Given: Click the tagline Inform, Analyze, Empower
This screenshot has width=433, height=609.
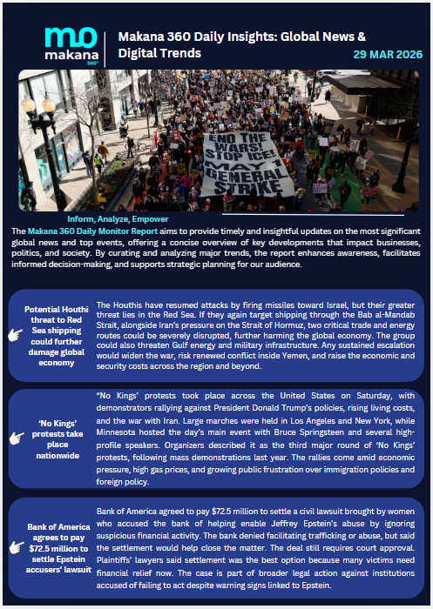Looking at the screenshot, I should pos(118,218).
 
